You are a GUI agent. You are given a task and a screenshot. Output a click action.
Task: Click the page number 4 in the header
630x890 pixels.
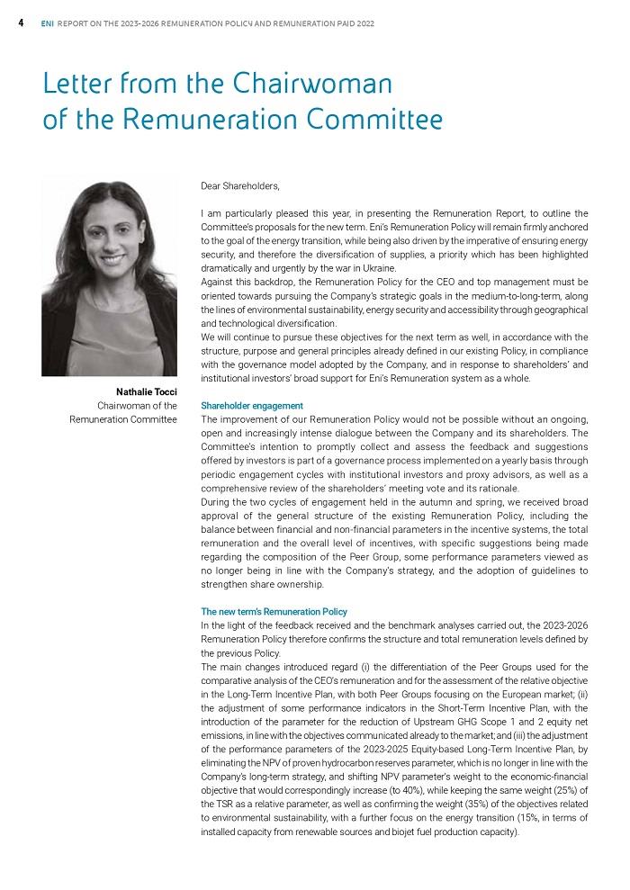(x=21, y=23)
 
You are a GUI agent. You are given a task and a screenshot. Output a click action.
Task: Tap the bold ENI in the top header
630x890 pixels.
(x=47, y=23)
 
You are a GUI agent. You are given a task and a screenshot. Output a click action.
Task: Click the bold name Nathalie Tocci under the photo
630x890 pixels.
(x=146, y=391)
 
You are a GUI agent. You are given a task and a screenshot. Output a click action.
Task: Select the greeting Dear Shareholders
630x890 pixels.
(x=240, y=186)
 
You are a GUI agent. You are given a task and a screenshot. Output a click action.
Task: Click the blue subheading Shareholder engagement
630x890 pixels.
(x=252, y=406)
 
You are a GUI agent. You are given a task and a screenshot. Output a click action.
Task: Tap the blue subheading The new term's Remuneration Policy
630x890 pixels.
(x=274, y=612)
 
